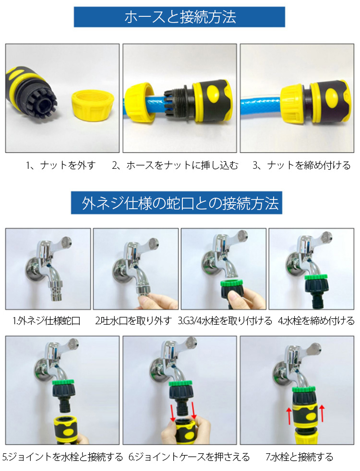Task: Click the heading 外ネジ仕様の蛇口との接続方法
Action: (x=180, y=203)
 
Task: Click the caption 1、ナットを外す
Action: (x=60, y=165)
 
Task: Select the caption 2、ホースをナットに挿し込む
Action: (x=175, y=165)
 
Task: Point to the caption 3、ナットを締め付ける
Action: (x=301, y=165)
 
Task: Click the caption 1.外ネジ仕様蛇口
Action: (x=47, y=321)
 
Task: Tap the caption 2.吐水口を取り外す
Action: (x=133, y=321)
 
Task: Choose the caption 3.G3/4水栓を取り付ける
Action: (x=225, y=321)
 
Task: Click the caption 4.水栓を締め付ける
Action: (x=316, y=321)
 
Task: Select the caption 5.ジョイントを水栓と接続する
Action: (x=62, y=457)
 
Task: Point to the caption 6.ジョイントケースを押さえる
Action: (x=189, y=457)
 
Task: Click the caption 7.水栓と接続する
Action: (x=300, y=457)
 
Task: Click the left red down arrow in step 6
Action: (x=172, y=413)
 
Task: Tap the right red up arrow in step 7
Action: (x=323, y=414)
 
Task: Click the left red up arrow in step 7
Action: (x=289, y=415)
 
